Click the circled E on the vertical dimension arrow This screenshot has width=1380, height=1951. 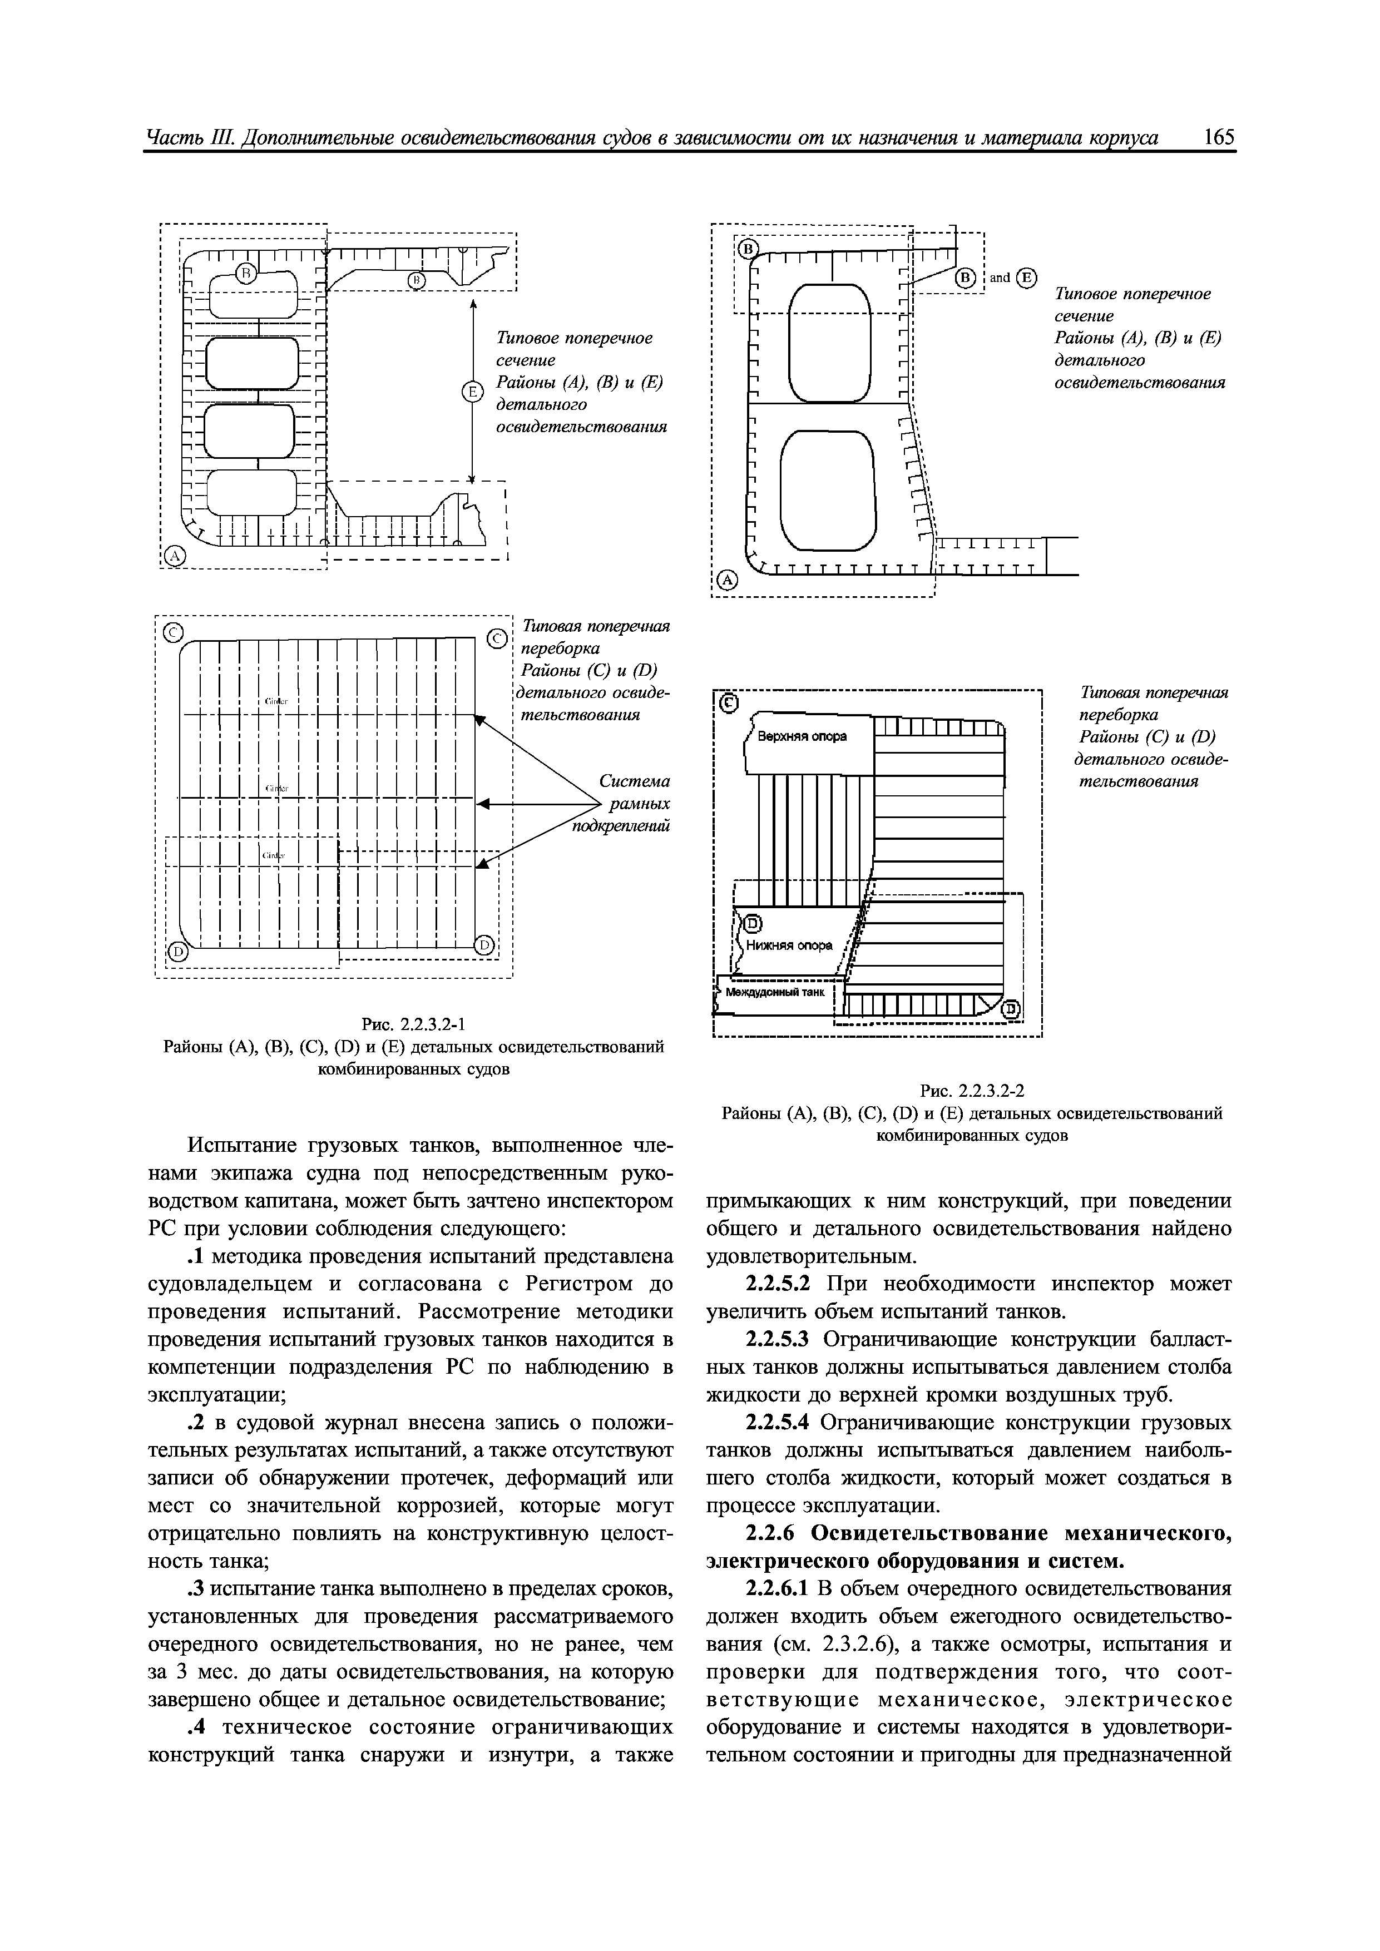471,392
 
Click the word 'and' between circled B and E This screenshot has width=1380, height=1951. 1000,278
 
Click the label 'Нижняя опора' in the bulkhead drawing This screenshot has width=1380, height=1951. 789,946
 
